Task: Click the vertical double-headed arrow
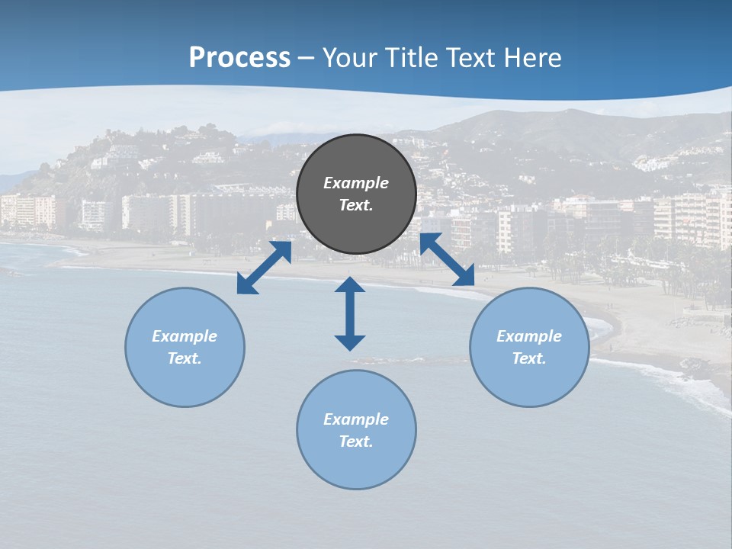pyautogui.click(x=350, y=313)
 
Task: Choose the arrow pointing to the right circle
pyautogui.click(x=448, y=259)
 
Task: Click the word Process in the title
pyautogui.click(x=239, y=57)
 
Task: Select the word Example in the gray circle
pyautogui.click(x=356, y=183)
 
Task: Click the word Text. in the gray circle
pyautogui.click(x=356, y=205)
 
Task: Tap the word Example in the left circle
pyautogui.click(x=185, y=336)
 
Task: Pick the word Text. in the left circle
pyautogui.click(x=185, y=358)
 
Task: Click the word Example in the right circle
pyautogui.click(x=529, y=336)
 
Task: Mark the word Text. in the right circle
pyautogui.click(x=529, y=358)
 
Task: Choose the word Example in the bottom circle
pyautogui.click(x=356, y=419)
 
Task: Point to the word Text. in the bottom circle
pyautogui.click(x=356, y=441)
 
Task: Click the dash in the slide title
pyautogui.click(x=307, y=58)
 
